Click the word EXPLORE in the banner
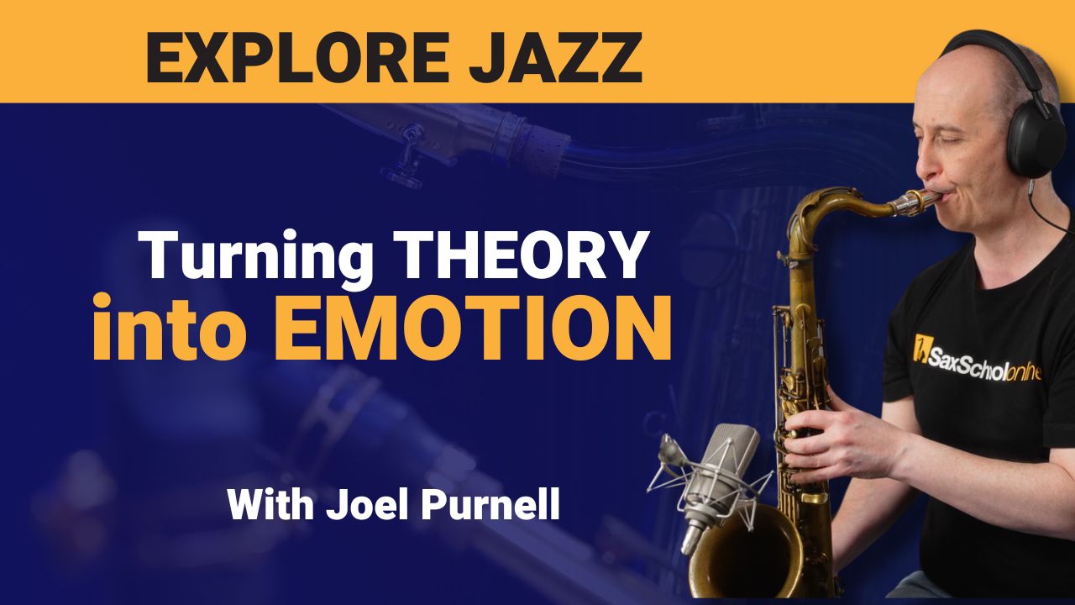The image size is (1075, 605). click(x=297, y=58)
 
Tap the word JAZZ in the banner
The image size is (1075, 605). click(x=555, y=59)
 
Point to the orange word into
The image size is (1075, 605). click(x=170, y=328)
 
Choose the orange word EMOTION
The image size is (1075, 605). click(x=472, y=328)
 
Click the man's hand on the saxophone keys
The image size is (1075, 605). click(x=835, y=445)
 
